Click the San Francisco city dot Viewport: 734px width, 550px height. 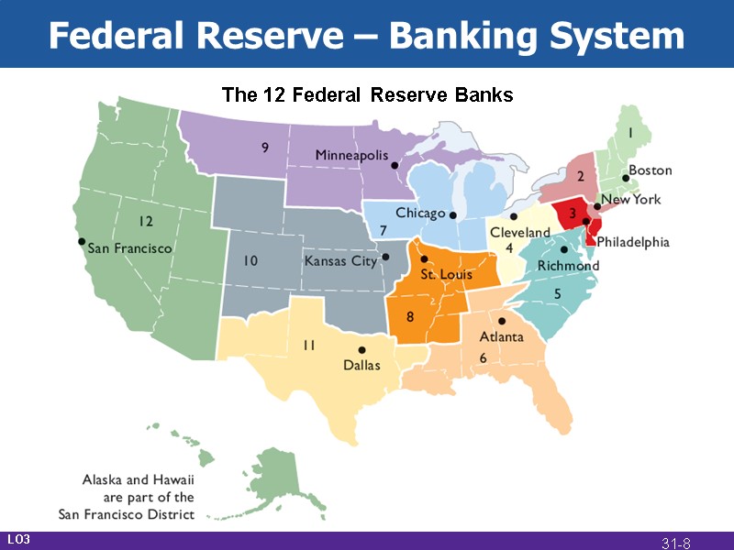82,242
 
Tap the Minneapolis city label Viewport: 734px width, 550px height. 351,155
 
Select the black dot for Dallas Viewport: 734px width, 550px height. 361,350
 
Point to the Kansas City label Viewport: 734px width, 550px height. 340,261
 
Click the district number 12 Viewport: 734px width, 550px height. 145,221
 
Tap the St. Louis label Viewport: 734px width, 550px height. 447,274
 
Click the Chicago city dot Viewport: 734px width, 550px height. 453,216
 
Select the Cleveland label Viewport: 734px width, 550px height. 519,233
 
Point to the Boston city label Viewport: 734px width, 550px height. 650,170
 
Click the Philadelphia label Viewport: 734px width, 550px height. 633,243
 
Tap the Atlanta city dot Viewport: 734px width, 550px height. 502,322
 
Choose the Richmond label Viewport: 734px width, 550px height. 568,266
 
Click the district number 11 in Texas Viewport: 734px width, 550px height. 309,345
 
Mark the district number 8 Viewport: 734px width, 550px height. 410,317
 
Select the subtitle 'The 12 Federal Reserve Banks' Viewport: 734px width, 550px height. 367,94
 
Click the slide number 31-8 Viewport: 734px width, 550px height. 676,544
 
